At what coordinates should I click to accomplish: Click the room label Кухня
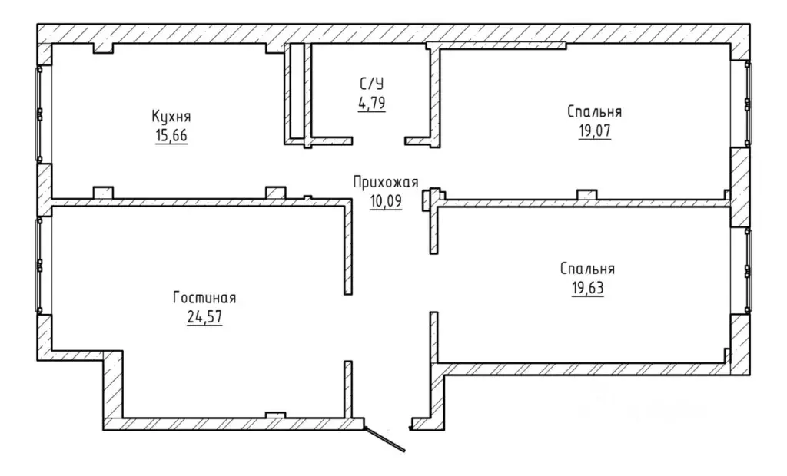pos(171,117)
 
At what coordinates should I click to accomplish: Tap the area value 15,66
pos(171,136)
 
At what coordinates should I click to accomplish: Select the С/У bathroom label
pos(372,83)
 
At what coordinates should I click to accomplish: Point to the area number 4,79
pos(372,103)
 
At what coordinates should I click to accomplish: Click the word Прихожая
pos(386,182)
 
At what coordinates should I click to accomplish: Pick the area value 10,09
pos(386,201)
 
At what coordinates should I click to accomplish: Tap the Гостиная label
pos(204,298)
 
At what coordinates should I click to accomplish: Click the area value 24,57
pos(204,317)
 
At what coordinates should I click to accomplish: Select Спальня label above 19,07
pos(595,111)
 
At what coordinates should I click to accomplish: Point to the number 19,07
pos(595,131)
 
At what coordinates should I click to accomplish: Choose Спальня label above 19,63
pos(587,269)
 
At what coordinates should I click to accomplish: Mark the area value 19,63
pos(587,289)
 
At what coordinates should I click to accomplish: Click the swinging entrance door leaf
pos(385,439)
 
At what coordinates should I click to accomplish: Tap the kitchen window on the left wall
pos(39,114)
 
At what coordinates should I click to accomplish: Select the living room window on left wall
pos(39,265)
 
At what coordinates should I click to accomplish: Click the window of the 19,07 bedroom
pos(747,104)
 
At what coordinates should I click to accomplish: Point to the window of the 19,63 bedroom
pos(747,271)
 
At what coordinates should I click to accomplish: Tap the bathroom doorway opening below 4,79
pos(378,140)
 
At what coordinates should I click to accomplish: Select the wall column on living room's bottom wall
pos(275,415)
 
